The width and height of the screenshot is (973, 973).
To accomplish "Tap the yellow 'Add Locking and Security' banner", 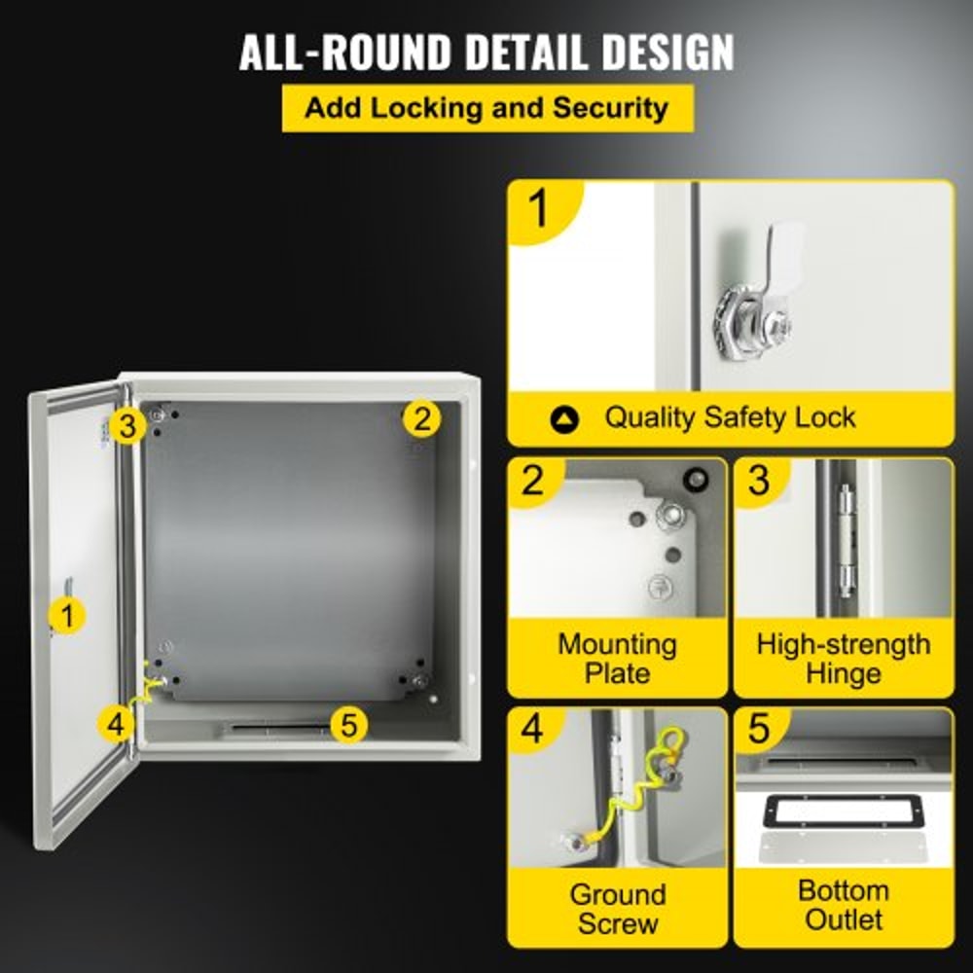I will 486,107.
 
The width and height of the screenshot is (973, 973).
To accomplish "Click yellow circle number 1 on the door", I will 66,615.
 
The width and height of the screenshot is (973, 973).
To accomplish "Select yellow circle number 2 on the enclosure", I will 420,419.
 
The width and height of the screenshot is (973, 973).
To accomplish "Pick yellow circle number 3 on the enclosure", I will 127,424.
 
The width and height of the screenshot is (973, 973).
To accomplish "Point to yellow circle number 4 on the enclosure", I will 116,723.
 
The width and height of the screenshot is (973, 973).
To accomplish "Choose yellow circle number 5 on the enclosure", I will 349,724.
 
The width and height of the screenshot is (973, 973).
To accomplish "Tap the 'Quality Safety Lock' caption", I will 730,418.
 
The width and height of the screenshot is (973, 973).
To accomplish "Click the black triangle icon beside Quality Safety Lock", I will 564,419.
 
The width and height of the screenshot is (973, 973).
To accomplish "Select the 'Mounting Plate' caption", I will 617,658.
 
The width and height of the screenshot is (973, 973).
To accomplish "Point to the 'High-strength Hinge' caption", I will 843,658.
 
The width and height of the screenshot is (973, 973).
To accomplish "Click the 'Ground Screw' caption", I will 617,908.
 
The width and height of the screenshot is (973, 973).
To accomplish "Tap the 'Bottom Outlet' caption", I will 843,904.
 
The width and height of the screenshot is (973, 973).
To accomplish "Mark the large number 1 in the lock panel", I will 538,208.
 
